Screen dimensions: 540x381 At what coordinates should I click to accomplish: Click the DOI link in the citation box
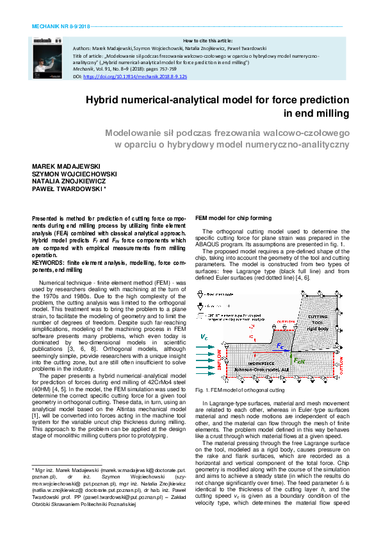point(134,76)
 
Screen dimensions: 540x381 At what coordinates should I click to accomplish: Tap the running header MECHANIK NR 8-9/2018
point(61,28)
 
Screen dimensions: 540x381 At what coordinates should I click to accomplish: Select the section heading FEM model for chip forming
point(233,218)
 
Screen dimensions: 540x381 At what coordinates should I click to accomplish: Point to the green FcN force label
point(298,360)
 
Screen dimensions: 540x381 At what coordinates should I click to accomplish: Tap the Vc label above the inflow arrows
point(204,336)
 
